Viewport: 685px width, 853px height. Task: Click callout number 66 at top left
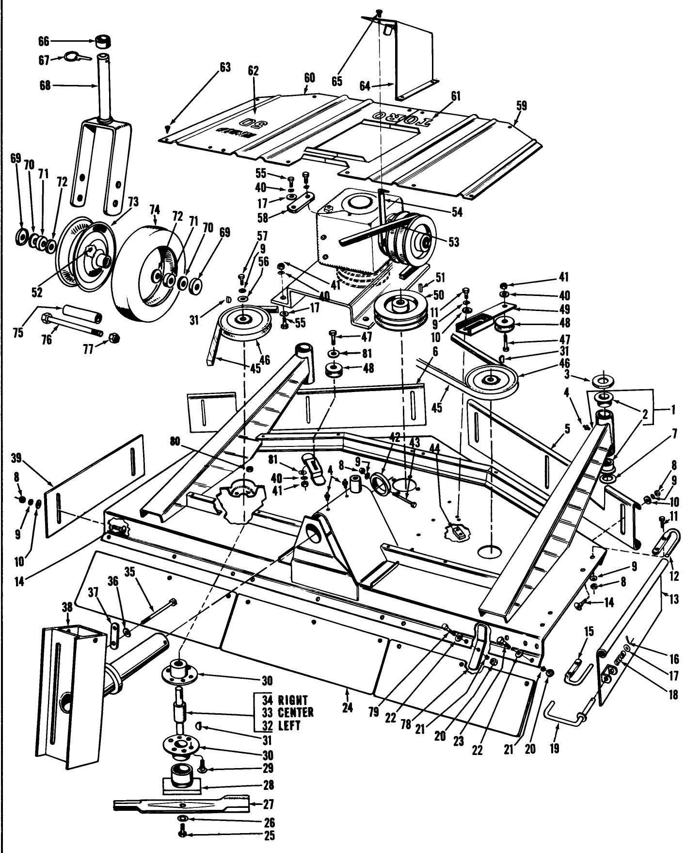tap(43, 42)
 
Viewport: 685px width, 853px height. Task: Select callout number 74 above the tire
tap(155, 210)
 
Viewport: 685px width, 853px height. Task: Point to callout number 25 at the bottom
tap(269, 836)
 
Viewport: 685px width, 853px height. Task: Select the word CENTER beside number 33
tap(295, 713)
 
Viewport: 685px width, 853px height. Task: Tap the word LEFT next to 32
tap(289, 726)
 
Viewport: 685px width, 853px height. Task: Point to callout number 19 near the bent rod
tap(554, 748)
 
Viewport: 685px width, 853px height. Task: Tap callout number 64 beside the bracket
tap(365, 86)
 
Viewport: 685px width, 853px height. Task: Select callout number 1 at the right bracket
tap(673, 410)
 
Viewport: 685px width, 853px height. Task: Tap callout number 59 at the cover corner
tap(522, 105)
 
